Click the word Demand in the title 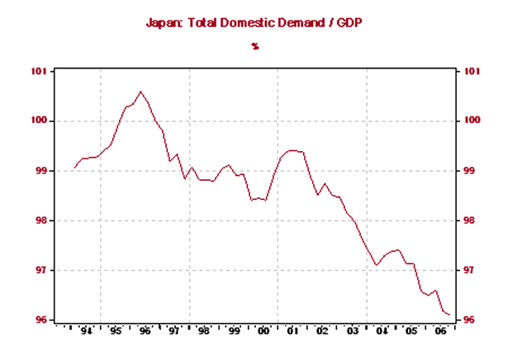tap(307, 23)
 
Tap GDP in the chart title tap(353, 23)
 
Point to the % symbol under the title tap(256, 46)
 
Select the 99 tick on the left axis tap(40, 171)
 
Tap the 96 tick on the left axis tap(40, 320)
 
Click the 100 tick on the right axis tap(473, 121)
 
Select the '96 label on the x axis tap(145, 332)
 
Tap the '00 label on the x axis tap(264, 332)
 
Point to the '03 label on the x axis tap(353, 332)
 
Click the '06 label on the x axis tap(443, 332)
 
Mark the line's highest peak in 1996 tap(140, 92)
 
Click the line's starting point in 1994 tap(73, 168)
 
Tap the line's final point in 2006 tap(449, 315)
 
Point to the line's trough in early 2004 tap(376, 265)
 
